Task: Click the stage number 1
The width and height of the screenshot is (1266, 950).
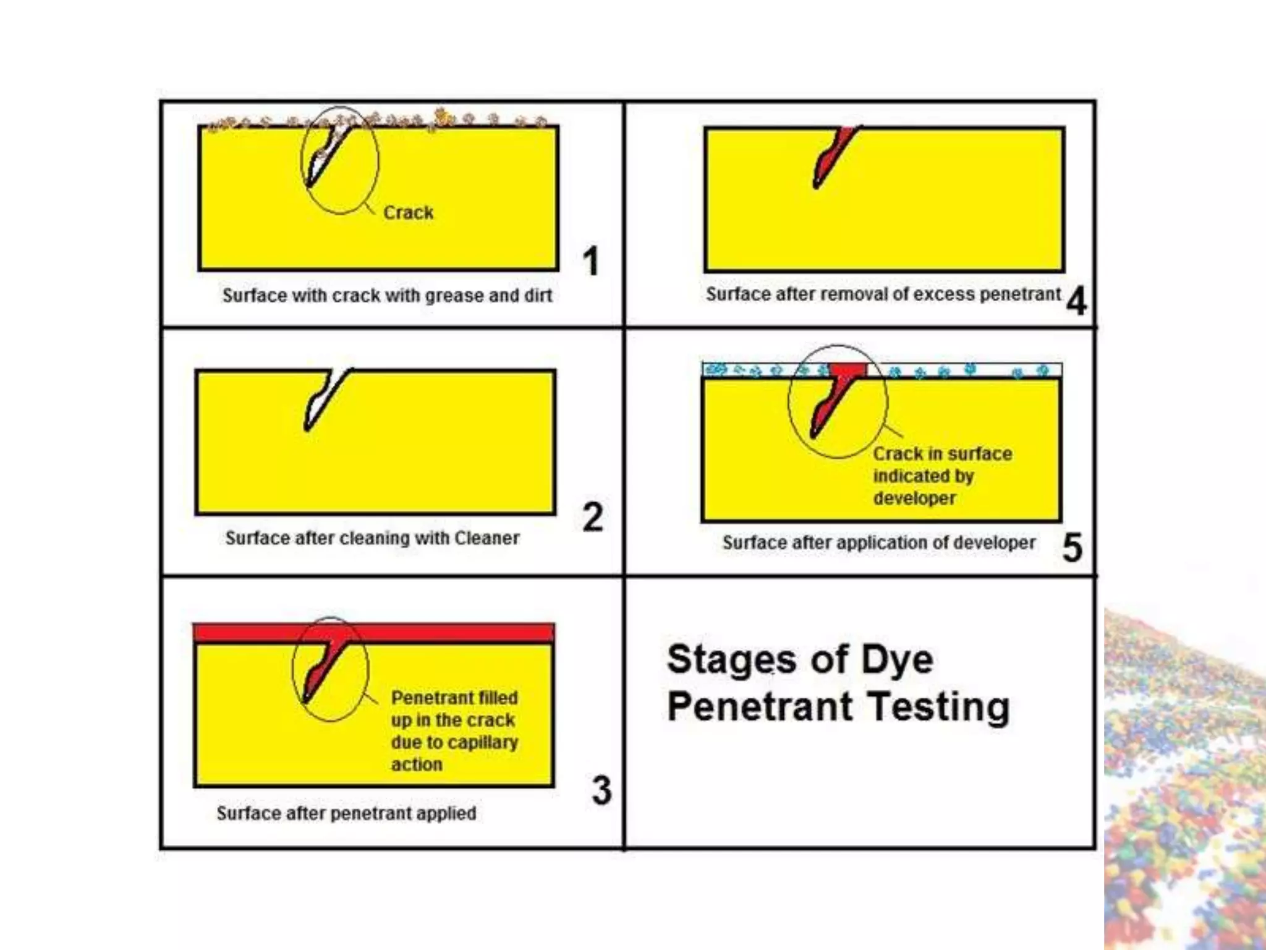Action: (591, 260)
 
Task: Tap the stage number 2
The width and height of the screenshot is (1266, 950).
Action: (592, 516)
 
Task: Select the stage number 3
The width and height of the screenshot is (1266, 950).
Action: (601, 790)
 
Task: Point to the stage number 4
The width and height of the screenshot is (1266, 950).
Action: (1076, 301)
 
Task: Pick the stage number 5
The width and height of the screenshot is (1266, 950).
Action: (1073, 547)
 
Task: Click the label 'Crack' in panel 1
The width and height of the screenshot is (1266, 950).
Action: (408, 212)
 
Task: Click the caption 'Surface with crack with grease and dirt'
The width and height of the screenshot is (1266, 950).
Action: (387, 296)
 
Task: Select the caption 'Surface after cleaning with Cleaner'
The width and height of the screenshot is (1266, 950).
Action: (372, 538)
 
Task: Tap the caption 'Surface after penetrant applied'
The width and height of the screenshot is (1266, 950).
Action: (346, 813)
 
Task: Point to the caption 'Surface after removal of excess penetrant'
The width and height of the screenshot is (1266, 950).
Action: (883, 294)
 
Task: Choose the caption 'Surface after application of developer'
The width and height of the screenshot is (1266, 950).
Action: (878, 543)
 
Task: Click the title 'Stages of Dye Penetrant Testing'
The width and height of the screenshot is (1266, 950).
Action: (838, 682)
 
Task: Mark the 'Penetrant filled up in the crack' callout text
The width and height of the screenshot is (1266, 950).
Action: (454, 709)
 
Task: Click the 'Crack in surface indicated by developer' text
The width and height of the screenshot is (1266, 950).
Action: (943, 476)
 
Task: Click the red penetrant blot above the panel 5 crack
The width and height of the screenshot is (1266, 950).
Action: (848, 371)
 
